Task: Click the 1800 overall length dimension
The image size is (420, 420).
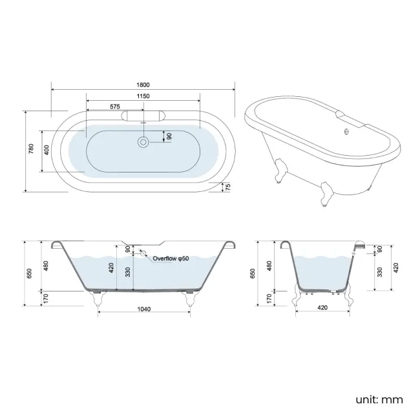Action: [143, 85]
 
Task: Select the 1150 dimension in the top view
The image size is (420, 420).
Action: [143, 96]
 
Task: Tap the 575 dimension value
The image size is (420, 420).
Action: [115, 105]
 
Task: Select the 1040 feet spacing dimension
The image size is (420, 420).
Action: [143, 310]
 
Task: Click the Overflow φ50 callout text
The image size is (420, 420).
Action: [171, 258]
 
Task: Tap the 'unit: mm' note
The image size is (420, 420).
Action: [379, 399]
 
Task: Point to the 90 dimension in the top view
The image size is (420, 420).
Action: [169, 136]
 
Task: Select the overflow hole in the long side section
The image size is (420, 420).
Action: [143, 255]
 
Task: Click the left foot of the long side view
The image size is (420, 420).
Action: [98, 298]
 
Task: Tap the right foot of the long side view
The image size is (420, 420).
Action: [190, 298]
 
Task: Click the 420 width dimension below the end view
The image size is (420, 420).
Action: [322, 308]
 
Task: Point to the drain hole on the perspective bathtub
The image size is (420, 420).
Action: [347, 132]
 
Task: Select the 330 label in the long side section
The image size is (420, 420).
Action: [128, 272]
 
